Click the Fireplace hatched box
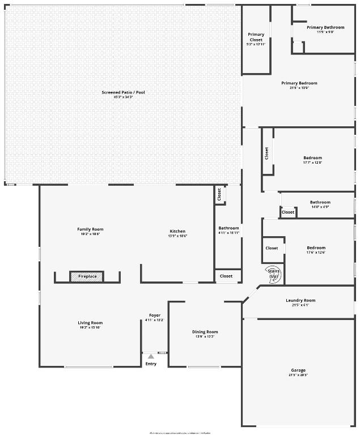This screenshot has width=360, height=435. (87, 276)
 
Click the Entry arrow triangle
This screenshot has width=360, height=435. (151, 357)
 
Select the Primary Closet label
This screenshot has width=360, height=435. (256, 39)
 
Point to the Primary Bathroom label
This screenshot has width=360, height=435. (325, 29)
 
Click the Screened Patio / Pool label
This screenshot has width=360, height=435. (123, 94)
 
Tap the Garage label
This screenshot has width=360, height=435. (298, 372)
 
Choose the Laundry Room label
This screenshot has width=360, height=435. (300, 302)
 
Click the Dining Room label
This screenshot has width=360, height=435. (205, 334)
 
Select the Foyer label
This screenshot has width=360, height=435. (155, 317)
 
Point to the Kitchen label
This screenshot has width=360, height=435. (177, 233)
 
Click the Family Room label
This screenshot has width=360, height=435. (90, 231)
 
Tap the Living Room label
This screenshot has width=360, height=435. (90, 325)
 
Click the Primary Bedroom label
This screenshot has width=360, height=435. (299, 85)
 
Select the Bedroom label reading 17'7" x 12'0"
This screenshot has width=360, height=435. (312, 160)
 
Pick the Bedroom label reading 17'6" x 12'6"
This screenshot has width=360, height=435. (316, 250)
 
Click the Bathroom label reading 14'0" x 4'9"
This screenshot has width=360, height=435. (320, 204)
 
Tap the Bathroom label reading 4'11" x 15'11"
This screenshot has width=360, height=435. (229, 230)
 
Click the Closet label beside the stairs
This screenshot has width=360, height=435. (272, 248)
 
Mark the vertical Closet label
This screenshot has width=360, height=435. (266, 153)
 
